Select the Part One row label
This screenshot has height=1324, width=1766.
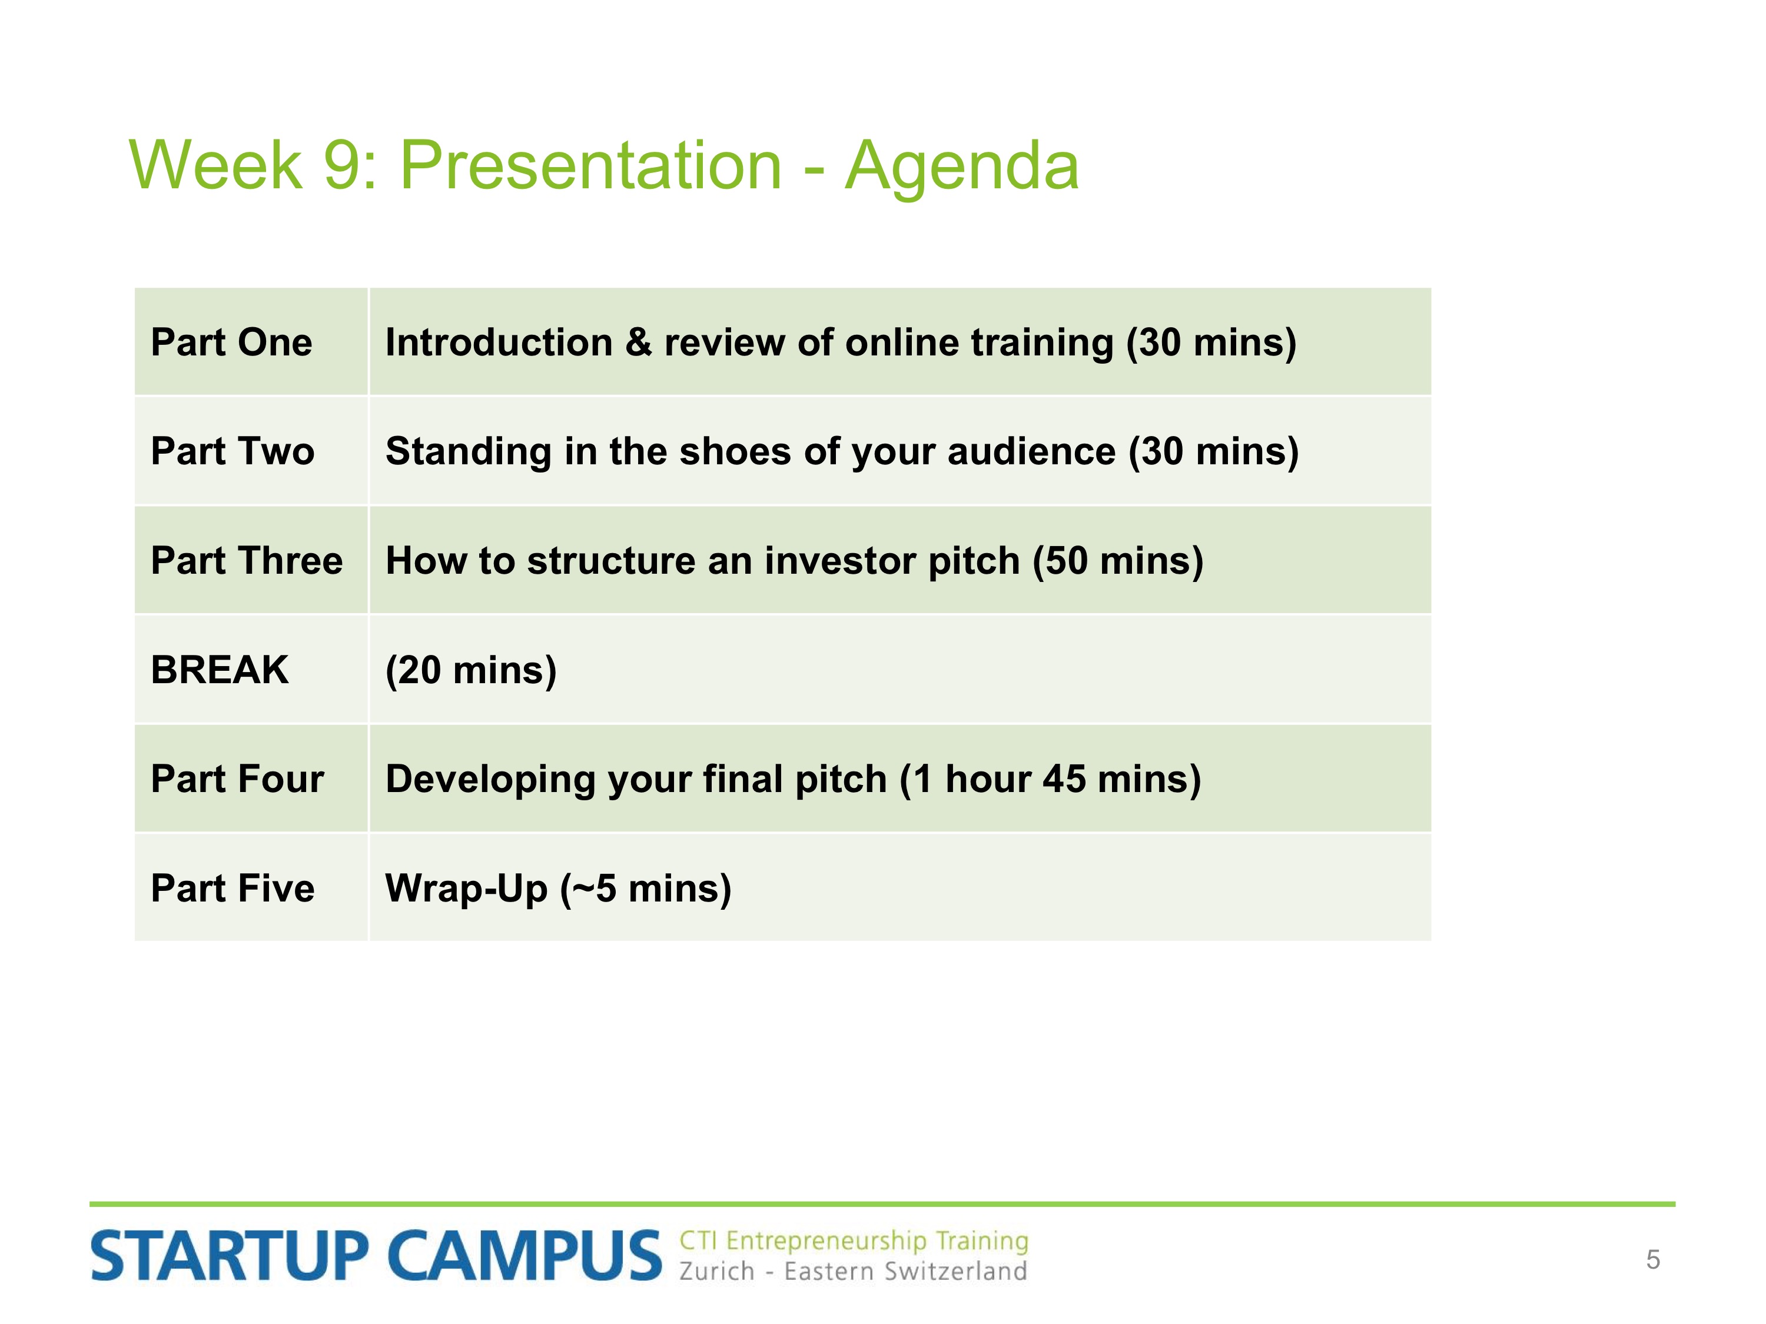pos(231,342)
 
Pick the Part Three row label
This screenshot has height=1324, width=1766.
pos(247,560)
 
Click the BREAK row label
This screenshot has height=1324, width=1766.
pos(220,670)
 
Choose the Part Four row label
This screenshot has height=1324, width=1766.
pos(237,779)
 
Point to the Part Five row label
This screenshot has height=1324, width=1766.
pos(233,888)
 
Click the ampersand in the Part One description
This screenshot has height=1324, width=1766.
pos(638,342)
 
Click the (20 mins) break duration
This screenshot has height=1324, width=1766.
pos(471,670)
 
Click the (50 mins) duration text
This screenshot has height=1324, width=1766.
pos(1118,561)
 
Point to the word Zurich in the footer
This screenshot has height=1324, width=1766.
pos(717,1270)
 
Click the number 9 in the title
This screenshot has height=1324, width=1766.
pos(341,165)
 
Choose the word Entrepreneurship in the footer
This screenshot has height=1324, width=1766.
pos(826,1242)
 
